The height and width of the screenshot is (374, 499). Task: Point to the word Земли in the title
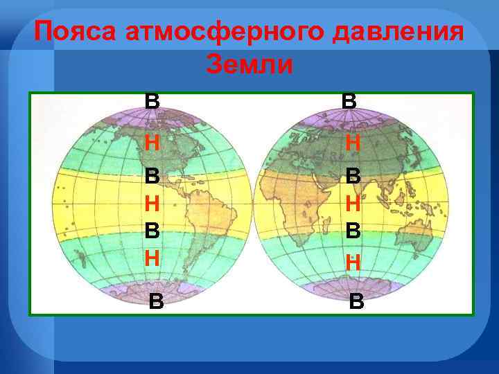(249, 64)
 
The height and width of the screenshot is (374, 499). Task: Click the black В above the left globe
(152, 101)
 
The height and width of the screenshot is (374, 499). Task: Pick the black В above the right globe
(349, 101)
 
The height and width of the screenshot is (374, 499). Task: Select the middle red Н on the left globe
(152, 203)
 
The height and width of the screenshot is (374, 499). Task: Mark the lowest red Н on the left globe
(152, 258)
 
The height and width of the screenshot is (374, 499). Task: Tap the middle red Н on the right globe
(352, 204)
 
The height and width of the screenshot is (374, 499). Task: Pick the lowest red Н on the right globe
(353, 262)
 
